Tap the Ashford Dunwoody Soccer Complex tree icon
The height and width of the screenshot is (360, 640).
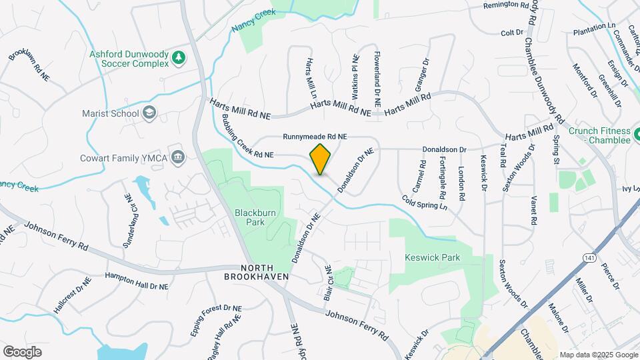click(x=178, y=58)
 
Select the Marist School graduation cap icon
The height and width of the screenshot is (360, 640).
click(x=149, y=113)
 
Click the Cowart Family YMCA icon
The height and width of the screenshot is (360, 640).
click(x=178, y=157)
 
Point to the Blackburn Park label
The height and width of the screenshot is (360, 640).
click(x=251, y=217)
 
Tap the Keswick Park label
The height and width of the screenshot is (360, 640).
click(x=433, y=257)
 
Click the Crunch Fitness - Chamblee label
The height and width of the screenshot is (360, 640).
click(x=599, y=136)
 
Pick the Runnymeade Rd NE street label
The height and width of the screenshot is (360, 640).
click(x=315, y=136)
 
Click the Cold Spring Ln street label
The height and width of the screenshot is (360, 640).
click(x=425, y=202)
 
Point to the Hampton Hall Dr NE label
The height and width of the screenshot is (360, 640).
click(x=137, y=280)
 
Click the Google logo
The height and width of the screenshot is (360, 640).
click(x=22, y=351)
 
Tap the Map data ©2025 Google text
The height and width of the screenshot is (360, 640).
click(x=599, y=355)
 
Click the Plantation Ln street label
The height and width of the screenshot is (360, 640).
click(x=594, y=29)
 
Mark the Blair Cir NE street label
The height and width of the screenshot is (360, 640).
click(x=327, y=283)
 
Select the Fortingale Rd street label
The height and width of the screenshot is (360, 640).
click(x=443, y=179)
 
